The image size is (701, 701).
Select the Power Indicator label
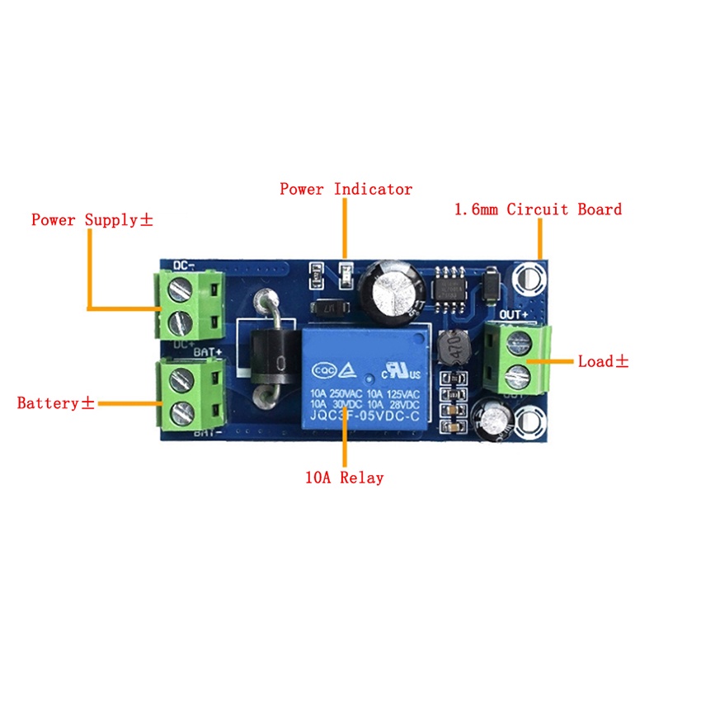[346, 189]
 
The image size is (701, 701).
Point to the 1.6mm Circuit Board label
[538, 209]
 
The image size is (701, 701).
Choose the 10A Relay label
[344, 478]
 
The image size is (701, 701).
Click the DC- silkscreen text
[184, 265]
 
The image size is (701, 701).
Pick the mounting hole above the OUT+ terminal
[530, 280]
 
